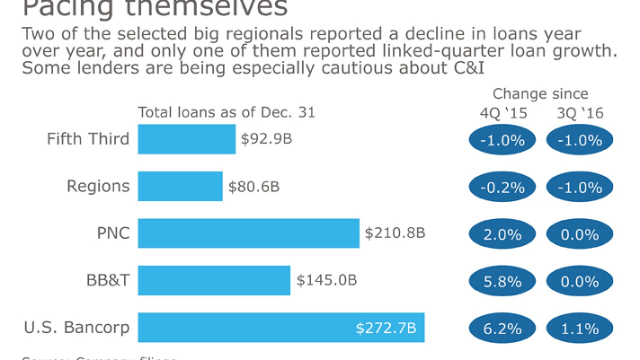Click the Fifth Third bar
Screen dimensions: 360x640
coord(186,139)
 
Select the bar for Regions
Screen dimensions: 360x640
coord(180,186)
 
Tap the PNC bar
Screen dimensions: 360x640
coord(248,233)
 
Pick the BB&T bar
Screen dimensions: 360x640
coord(214,280)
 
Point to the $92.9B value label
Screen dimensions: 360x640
coord(266,139)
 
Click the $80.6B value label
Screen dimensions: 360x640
coord(254,186)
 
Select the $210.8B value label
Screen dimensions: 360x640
coord(395,233)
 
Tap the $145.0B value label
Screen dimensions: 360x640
coord(326,280)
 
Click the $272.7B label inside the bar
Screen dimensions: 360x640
coord(386,328)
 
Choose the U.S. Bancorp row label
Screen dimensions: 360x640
coord(76,328)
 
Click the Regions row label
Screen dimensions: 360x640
coord(98,186)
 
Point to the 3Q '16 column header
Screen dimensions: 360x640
coord(580,113)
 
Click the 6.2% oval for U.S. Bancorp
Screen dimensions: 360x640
coord(502,328)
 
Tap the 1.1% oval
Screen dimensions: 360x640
coord(580,328)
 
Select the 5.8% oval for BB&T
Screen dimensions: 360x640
coord(502,281)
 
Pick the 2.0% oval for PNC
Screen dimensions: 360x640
coord(502,234)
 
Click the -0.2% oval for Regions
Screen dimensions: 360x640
coord(502,187)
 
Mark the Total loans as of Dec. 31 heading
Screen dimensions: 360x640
coord(226,112)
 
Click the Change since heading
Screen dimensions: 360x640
coord(540,94)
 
